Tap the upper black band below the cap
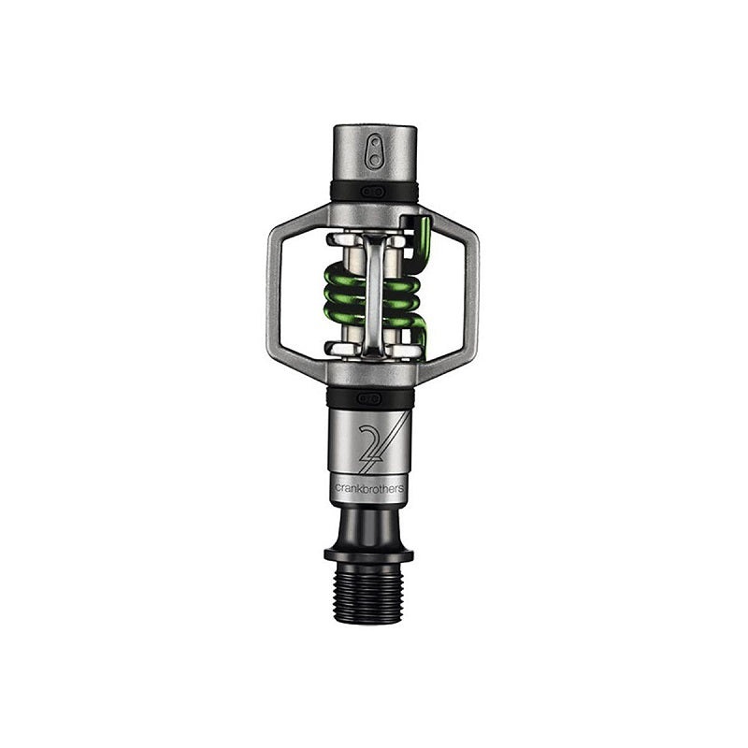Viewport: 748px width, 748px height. coord(374,192)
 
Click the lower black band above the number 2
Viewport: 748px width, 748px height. coord(374,398)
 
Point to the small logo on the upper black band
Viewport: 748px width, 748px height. coord(375,192)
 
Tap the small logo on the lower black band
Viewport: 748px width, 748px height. coord(374,398)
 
